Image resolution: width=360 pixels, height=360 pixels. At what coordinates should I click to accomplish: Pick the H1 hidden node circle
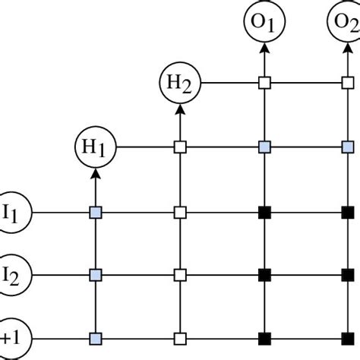pyautogui.click(x=96, y=145)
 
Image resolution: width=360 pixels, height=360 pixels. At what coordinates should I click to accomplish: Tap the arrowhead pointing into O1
pyautogui.click(x=264, y=49)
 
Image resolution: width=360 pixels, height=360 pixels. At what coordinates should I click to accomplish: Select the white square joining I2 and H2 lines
pyautogui.click(x=181, y=272)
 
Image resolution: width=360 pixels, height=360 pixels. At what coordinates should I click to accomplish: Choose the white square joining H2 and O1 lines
pyautogui.click(x=264, y=82)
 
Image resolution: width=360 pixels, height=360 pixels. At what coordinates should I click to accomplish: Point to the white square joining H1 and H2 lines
pyautogui.click(x=181, y=145)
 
